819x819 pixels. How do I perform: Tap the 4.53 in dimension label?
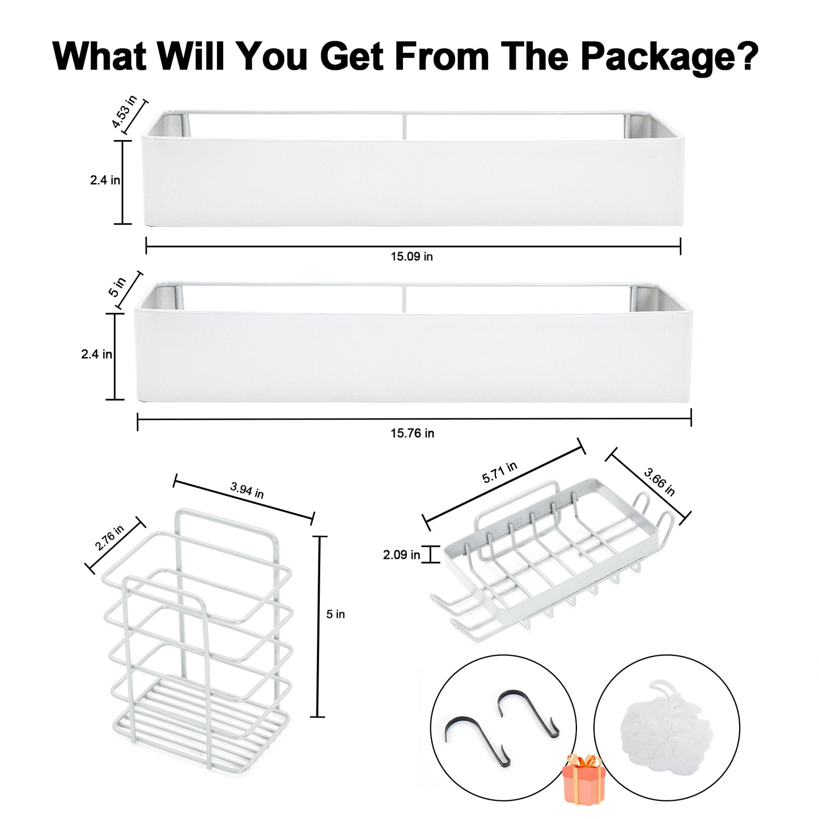pos(124,112)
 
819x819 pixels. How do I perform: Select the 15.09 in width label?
pos(411,257)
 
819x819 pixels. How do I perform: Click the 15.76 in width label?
pos(412,434)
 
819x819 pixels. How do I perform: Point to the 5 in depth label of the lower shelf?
pos(117,287)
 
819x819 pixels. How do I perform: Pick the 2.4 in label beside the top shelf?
pos(105,180)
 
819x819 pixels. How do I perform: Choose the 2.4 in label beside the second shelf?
pos(96,354)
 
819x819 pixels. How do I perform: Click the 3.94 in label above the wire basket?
pos(247,490)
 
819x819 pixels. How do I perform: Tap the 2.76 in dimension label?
pos(109,538)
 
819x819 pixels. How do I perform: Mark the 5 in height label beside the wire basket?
pos(336,614)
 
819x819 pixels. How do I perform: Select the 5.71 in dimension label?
pos(499,472)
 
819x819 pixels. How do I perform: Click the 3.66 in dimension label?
pos(659,482)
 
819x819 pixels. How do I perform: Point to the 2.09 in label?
pos(401,555)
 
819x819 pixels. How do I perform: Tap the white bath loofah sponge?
pos(665,722)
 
